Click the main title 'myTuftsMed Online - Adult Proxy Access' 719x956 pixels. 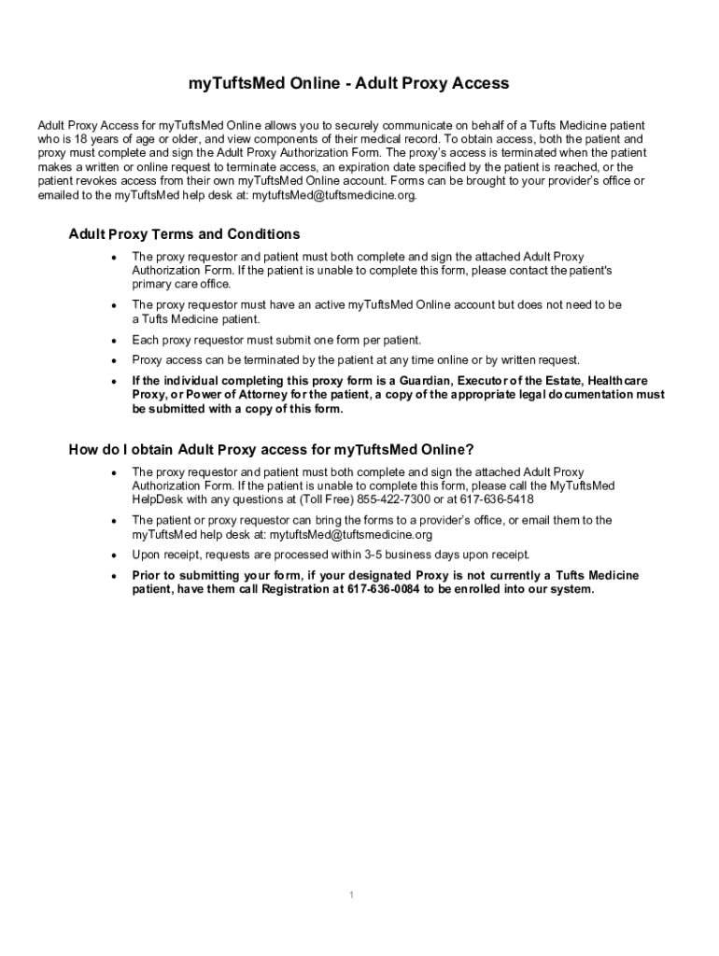(x=348, y=84)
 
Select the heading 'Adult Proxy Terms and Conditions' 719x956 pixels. (x=184, y=234)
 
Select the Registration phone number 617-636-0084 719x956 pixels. (x=383, y=590)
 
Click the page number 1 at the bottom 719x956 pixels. (x=351, y=895)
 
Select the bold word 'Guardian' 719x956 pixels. (x=426, y=381)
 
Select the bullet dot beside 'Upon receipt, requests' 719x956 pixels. (x=113, y=555)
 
